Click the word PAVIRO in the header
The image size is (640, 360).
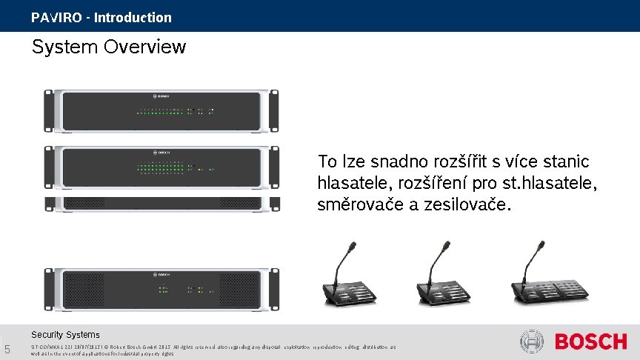[x=56, y=17]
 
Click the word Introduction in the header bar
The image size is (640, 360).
[x=133, y=17]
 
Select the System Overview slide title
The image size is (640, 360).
[x=108, y=47]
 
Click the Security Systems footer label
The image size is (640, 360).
[x=65, y=335]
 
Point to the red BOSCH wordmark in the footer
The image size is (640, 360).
[x=591, y=341]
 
